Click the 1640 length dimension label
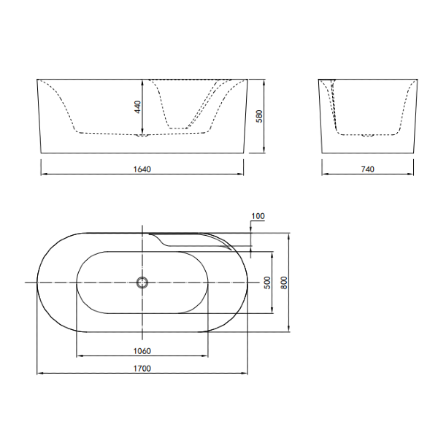142,169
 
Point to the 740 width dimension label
367,169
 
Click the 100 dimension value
258,216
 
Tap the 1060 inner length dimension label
142,350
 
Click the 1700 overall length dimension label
142,369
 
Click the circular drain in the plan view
143,283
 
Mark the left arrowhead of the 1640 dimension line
42,174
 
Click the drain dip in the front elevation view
143,135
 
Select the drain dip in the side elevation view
367,135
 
